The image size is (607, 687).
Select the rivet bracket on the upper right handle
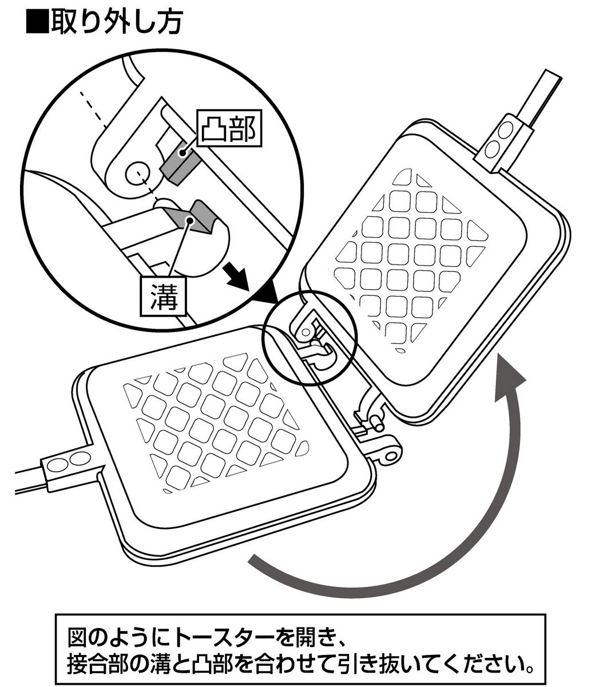[505, 141]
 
